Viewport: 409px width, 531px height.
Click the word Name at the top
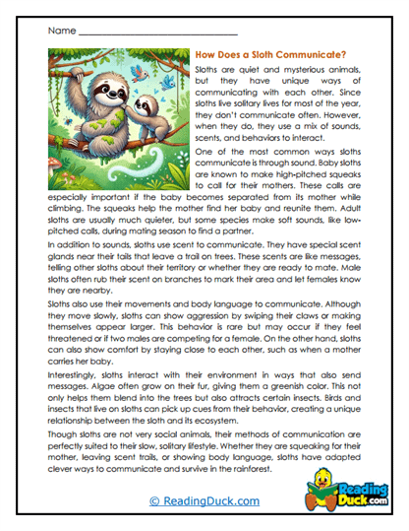(59, 32)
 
